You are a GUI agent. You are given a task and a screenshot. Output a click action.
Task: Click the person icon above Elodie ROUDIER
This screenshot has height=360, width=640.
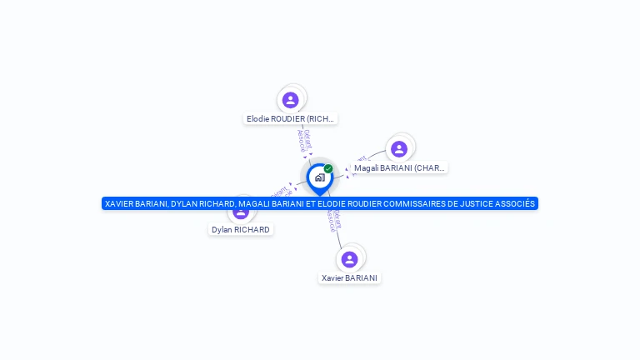[290, 100]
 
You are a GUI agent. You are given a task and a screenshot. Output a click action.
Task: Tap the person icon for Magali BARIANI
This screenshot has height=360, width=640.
[399, 149]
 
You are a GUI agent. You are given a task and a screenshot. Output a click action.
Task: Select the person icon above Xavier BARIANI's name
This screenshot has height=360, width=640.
[350, 259]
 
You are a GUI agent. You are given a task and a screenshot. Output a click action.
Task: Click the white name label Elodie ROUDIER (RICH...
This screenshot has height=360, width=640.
[290, 119]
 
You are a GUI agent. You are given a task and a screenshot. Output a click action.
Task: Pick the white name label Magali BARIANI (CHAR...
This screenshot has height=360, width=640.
[399, 167]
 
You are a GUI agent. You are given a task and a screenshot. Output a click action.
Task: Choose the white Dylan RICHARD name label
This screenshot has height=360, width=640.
[240, 229]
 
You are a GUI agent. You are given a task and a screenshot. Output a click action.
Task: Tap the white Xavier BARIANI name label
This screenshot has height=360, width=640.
[349, 277]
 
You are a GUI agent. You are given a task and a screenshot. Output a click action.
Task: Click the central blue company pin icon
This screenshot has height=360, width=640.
[319, 178]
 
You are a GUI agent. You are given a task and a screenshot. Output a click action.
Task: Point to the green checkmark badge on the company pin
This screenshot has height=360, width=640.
[328, 168]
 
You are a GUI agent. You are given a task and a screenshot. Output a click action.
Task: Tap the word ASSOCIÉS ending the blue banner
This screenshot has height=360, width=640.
[514, 203]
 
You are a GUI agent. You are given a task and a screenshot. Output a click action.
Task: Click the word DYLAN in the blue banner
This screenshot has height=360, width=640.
[186, 203]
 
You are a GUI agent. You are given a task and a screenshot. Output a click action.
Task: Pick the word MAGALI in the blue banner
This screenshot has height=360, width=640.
[256, 203]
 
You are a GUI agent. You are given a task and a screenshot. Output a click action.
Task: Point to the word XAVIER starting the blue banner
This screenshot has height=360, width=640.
[120, 203]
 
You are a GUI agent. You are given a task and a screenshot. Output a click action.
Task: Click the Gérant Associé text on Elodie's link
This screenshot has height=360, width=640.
[304, 140]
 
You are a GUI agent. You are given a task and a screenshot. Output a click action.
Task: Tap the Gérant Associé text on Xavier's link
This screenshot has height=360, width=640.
[333, 219]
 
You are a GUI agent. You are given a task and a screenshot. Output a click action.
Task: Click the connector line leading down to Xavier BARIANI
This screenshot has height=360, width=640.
[338, 237]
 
